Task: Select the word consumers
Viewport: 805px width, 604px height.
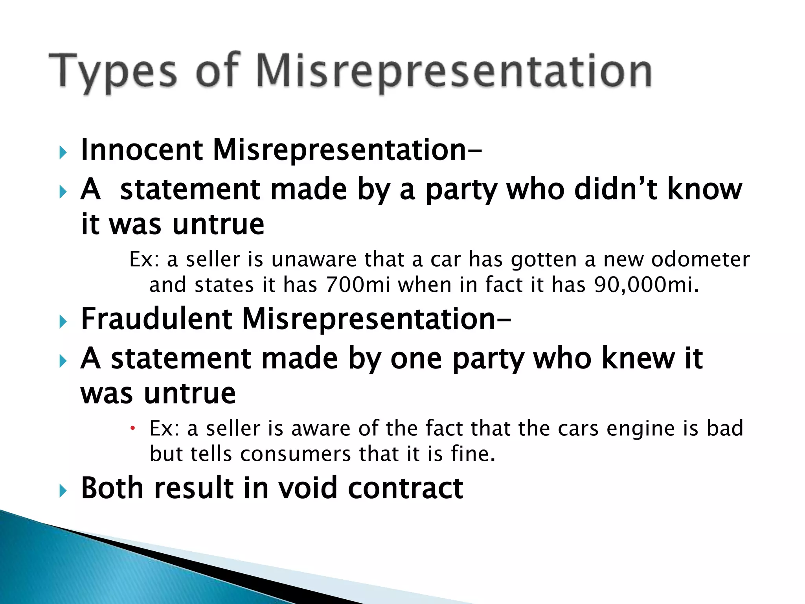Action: coord(295,454)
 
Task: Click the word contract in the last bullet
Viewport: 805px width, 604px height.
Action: coord(405,488)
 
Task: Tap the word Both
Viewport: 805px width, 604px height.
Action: coord(112,488)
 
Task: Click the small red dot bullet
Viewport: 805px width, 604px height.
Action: coord(133,428)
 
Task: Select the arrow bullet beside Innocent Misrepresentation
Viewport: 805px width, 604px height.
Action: coord(62,152)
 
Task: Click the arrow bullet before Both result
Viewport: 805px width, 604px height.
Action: coord(62,490)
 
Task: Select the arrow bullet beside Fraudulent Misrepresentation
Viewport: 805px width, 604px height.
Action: coord(62,321)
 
